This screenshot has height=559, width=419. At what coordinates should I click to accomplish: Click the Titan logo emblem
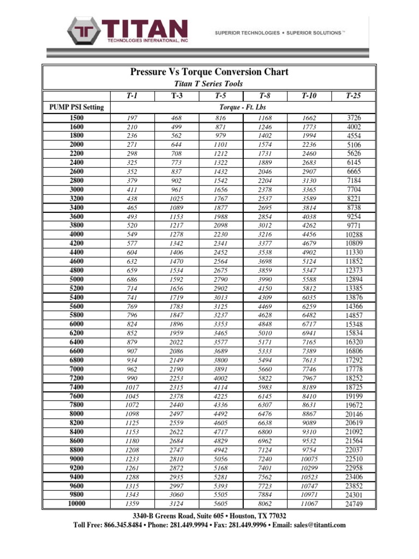tap(83, 32)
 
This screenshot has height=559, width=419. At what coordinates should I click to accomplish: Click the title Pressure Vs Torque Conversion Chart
tap(209, 72)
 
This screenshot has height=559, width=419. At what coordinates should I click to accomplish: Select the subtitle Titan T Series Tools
tap(208, 84)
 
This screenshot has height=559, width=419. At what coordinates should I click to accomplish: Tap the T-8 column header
tap(265, 96)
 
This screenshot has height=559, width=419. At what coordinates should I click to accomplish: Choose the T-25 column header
tap(353, 96)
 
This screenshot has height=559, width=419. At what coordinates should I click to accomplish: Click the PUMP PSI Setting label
tap(76, 107)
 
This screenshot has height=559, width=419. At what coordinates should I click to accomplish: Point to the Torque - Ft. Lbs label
tap(243, 107)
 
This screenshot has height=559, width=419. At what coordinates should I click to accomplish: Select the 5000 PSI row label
tap(77, 279)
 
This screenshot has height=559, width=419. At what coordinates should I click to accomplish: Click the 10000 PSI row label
tap(77, 504)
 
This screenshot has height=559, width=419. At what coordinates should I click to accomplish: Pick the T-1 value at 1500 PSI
tap(132, 118)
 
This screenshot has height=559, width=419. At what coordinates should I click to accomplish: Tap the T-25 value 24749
tap(354, 504)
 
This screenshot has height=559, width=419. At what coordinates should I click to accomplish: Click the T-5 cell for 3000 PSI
tap(220, 190)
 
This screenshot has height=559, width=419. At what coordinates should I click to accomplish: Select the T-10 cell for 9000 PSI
tap(309, 459)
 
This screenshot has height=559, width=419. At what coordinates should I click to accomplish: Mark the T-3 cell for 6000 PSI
tap(176, 324)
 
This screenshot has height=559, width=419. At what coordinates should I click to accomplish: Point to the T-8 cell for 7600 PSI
tap(265, 396)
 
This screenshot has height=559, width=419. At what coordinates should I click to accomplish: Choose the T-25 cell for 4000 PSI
tap(354, 235)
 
